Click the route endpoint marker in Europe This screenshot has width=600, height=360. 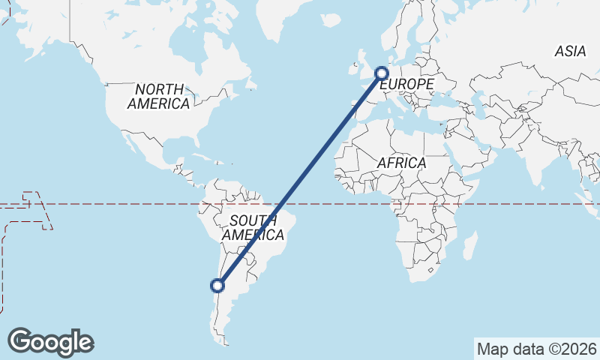pos(381,73)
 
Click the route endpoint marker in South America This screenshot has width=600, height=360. pos(217,285)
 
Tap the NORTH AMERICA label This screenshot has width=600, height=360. pos(158,97)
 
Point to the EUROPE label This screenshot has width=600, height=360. pos(409,85)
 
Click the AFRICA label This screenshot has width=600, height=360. pos(401,163)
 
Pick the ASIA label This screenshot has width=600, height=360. pos(570,52)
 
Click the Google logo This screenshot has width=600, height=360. pos(50,341)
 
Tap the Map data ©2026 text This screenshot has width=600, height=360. pos(537,349)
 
